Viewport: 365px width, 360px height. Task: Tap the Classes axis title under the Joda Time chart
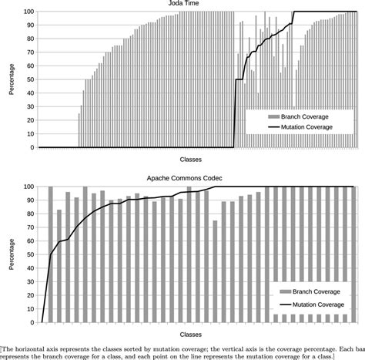point(190,160)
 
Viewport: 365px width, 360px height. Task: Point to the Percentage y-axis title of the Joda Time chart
point(10,79)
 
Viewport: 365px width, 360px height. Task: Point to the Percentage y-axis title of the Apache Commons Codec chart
point(10,254)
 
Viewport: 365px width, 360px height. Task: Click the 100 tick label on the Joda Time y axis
point(28,12)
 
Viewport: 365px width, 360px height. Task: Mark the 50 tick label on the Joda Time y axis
point(29,79)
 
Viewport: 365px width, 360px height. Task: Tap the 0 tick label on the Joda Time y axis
point(32,147)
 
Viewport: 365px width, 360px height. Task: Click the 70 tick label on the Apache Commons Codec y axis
point(29,227)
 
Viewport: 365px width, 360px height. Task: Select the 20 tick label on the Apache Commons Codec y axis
point(29,294)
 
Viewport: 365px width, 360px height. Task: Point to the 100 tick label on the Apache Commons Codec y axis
point(28,186)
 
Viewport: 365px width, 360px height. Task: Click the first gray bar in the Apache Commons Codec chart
point(51,254)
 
